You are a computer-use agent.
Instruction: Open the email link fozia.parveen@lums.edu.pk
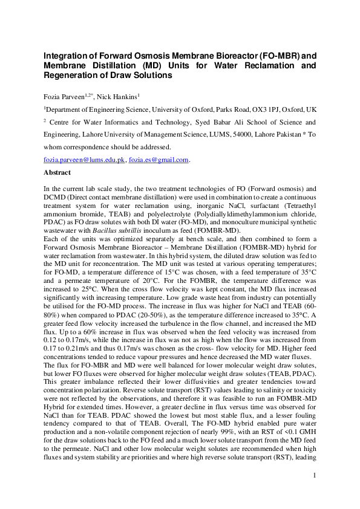coord(84,160)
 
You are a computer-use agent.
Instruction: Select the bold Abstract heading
coord(57,172)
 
